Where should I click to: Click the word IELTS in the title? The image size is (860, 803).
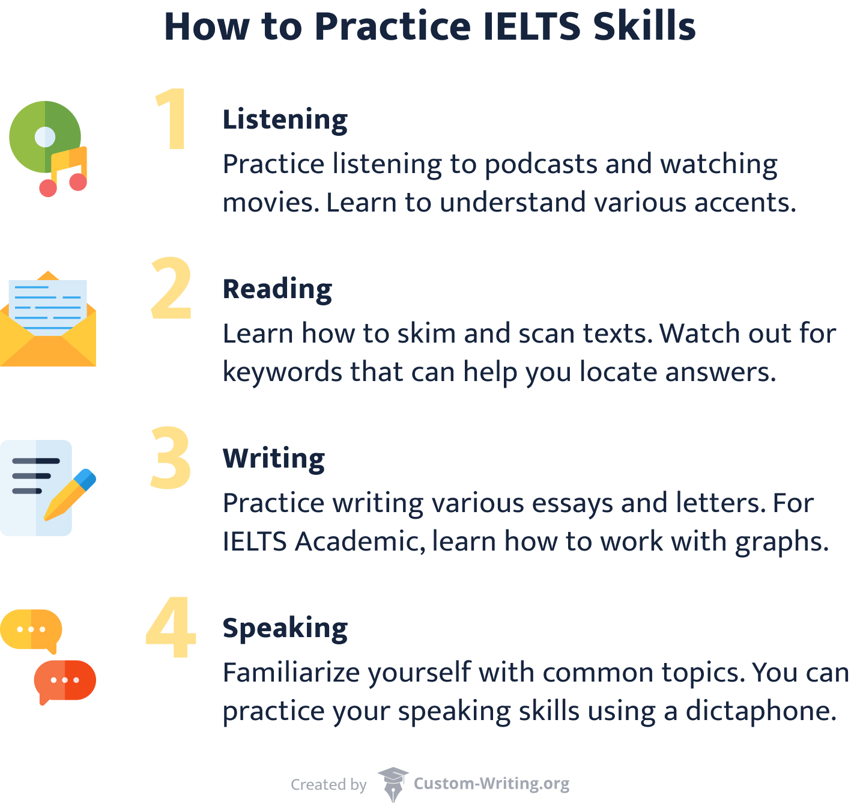point(531,26)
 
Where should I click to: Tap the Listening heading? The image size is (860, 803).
point(285,119)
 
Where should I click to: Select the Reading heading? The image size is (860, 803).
point(277,289)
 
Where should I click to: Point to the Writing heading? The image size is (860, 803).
point(273,458)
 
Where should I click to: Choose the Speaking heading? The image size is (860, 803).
point(285,628)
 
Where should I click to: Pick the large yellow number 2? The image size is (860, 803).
point(171,289)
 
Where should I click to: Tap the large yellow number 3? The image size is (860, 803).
point(171,458)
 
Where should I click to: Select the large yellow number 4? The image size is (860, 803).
point(171,627)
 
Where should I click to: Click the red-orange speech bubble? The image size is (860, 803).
point(65,680)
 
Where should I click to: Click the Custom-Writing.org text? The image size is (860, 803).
point(491,784)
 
